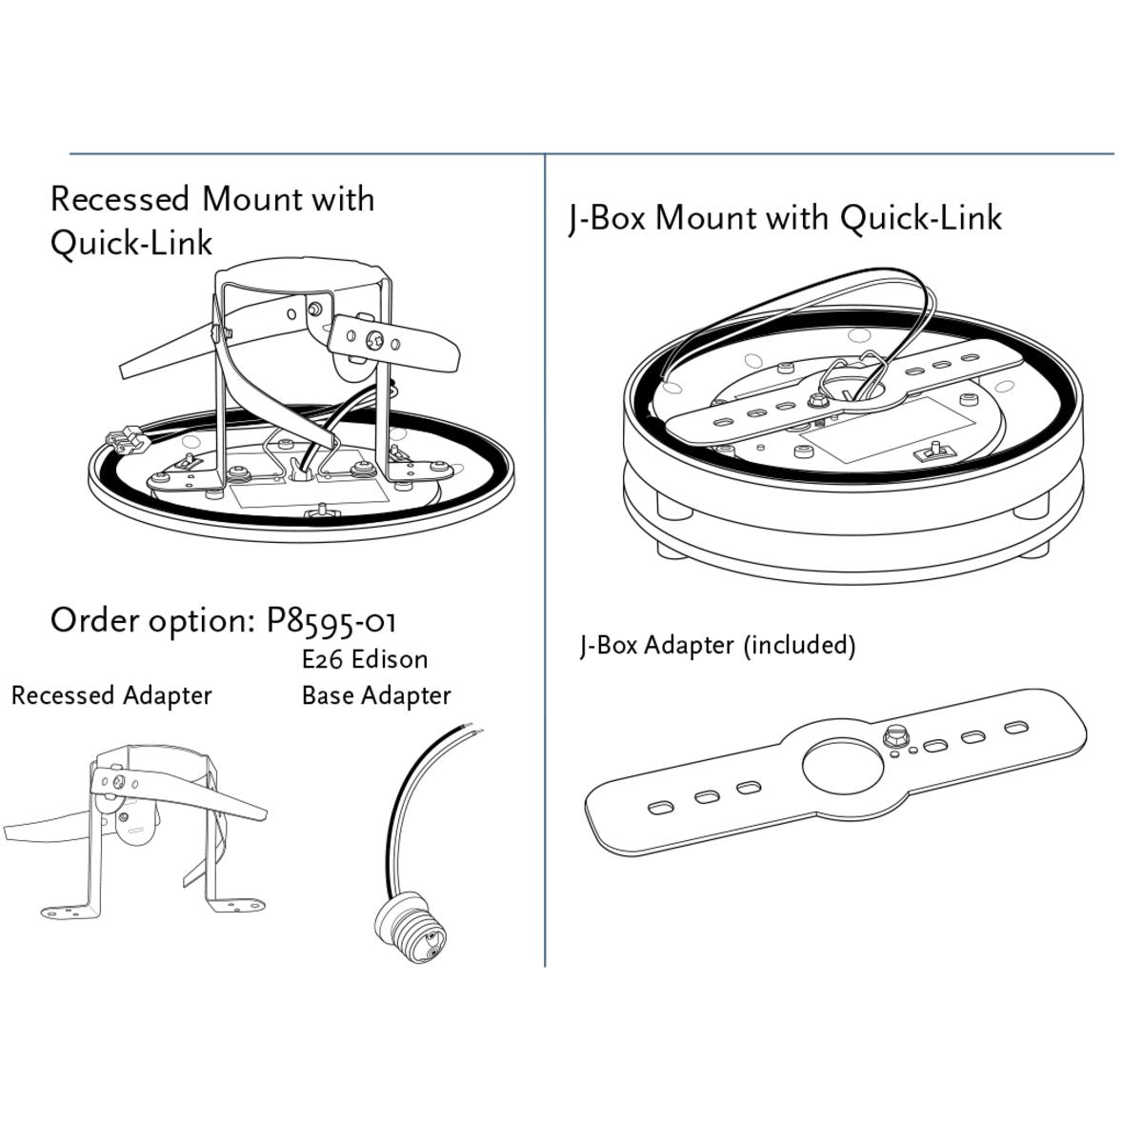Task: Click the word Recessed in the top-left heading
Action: (x=120, y=199)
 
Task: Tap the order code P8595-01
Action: (x=331, y=621)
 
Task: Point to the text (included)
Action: (x=800, y=645)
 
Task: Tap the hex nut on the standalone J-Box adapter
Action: (x=894, y=735)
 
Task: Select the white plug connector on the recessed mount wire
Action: (x=124, y=441)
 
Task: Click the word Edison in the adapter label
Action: (x=390, y=659)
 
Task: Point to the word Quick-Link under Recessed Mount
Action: (x=131, y=243)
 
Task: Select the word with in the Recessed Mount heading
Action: (x=343, y=199)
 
